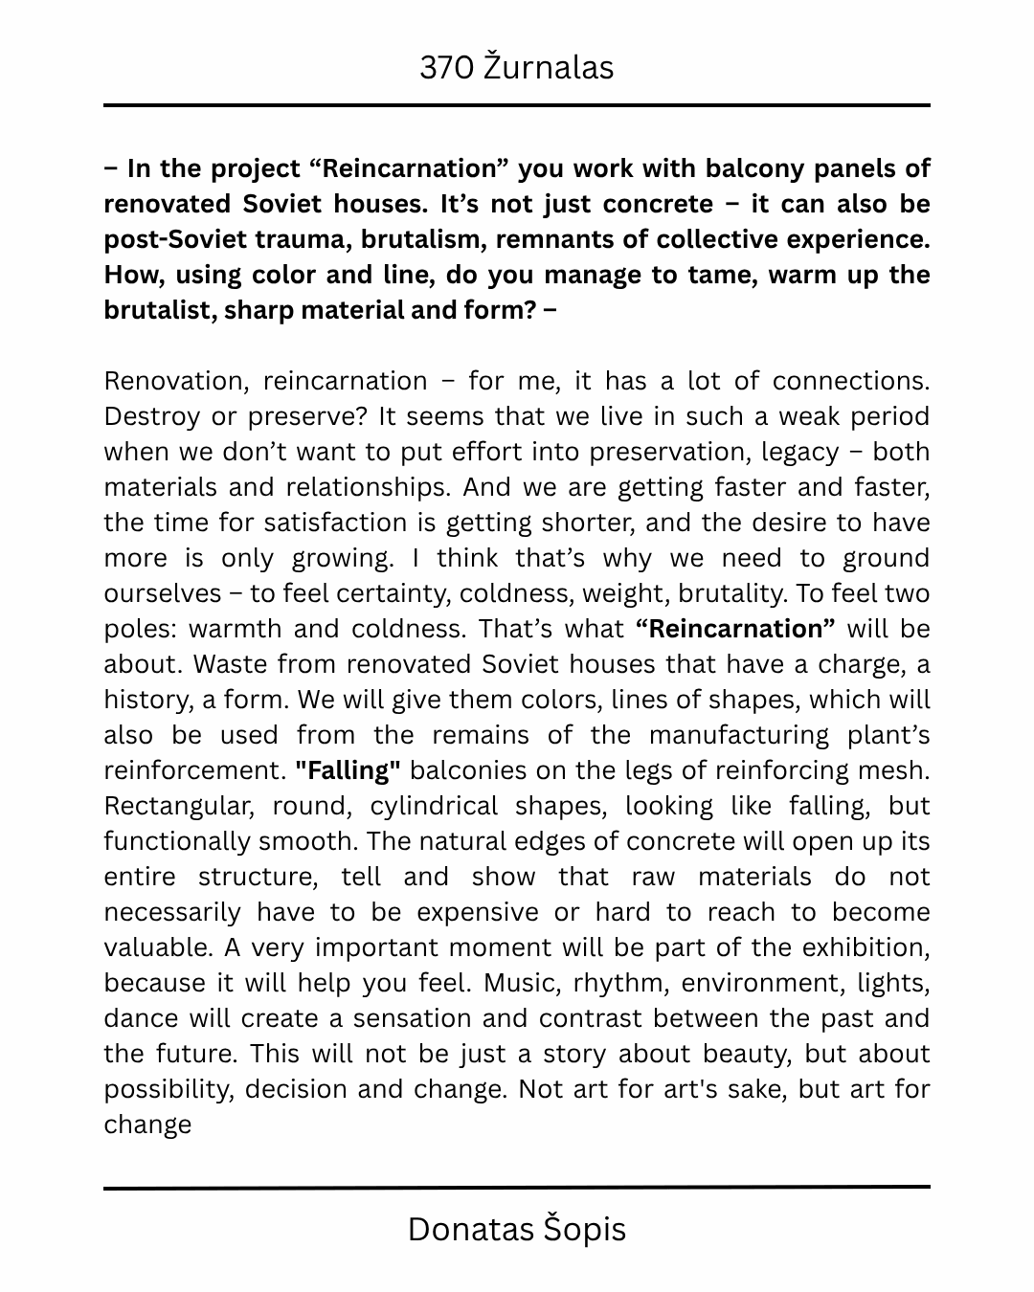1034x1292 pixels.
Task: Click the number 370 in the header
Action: (x=446, y=68)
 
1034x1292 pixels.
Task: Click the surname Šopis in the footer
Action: (x=586, y=1229)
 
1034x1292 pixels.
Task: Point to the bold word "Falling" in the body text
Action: (x=348, y=770)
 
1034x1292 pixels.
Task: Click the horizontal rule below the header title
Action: (x=517, y=105)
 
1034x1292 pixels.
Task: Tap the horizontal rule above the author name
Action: (x=517, y=1188)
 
